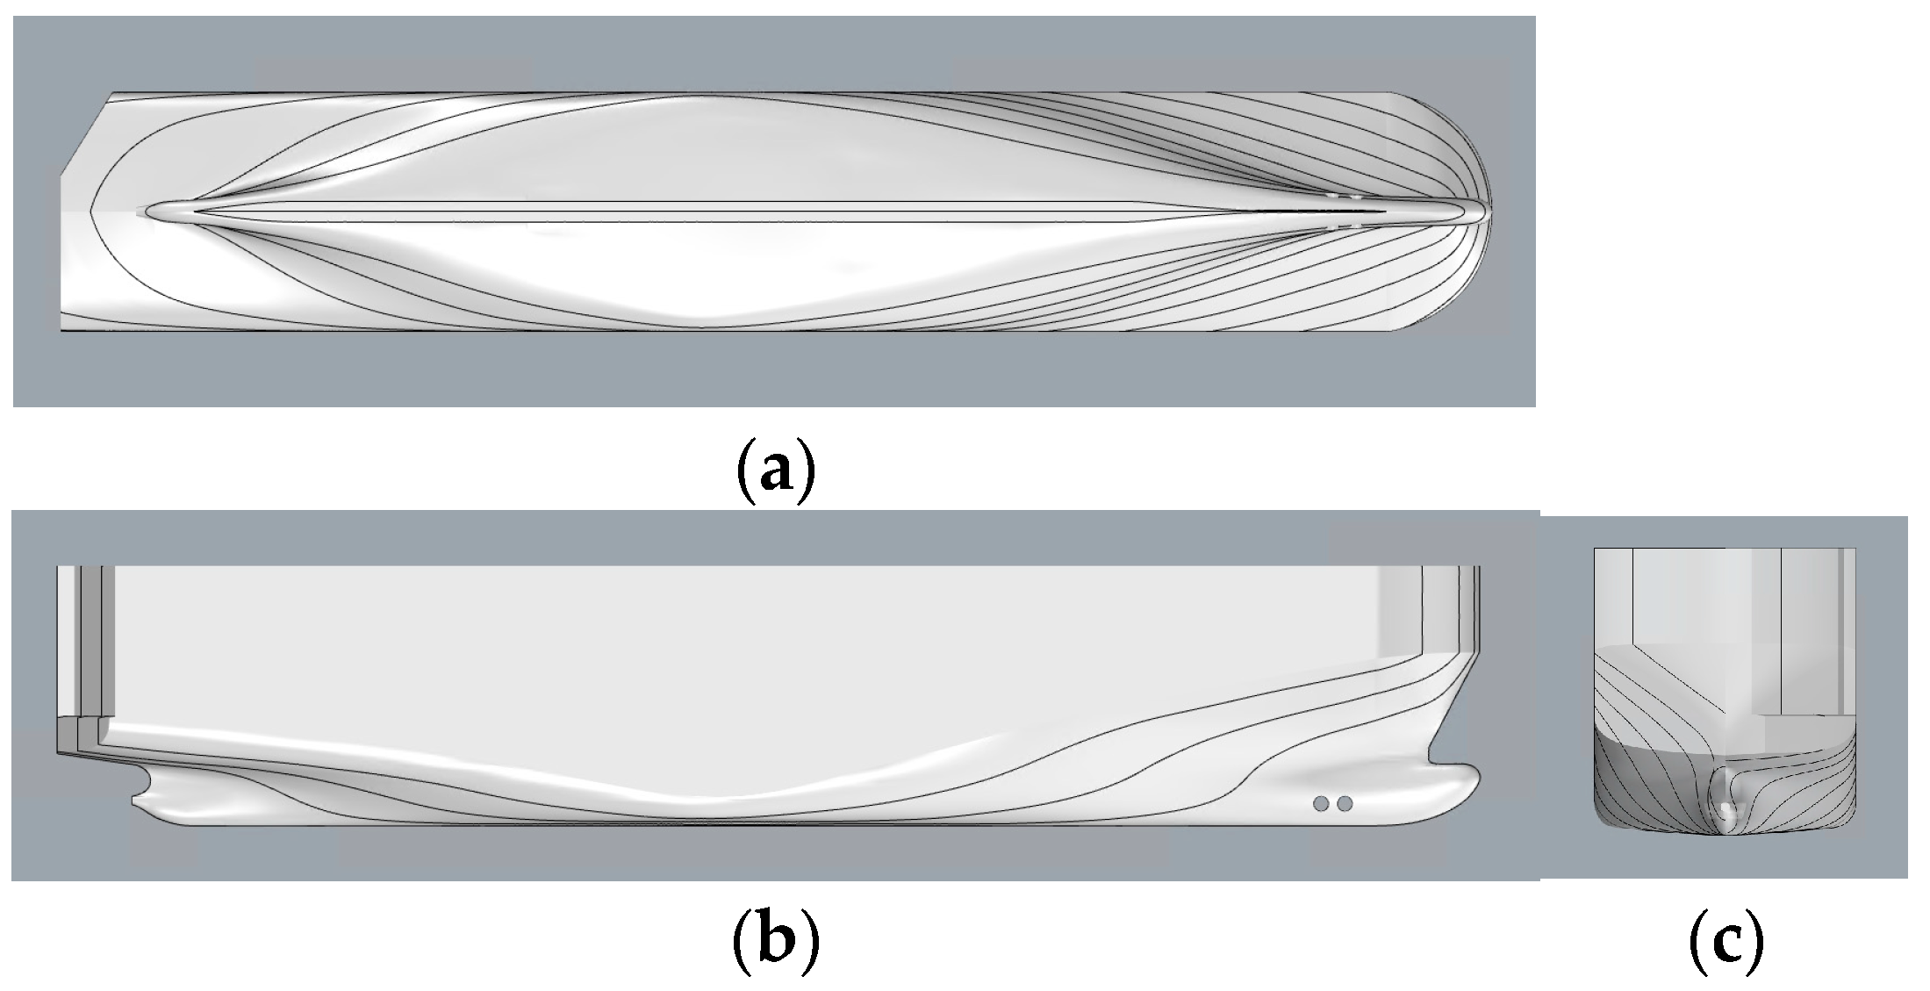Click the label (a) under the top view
(775, 471)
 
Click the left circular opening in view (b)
(1321, 803)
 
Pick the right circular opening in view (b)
(1344, 803)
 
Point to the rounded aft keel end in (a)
(149, 211)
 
